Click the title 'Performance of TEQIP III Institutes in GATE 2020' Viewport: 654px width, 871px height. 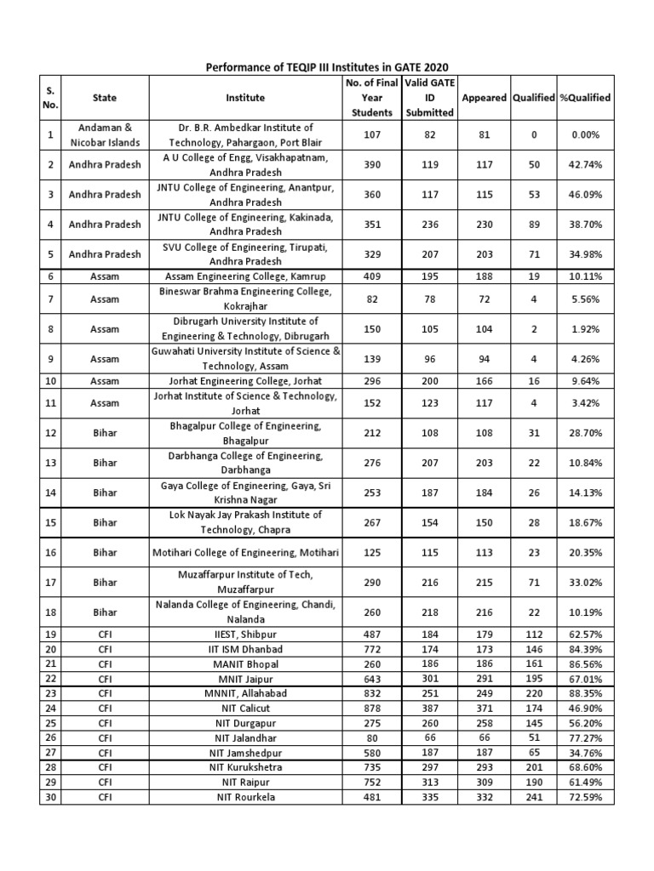[327, 66]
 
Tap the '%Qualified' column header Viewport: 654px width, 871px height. [585, 98]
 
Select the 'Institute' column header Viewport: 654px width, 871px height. [245, 98]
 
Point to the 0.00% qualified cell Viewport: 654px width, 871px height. [585, 134]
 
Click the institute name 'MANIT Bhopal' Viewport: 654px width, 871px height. [245, 663]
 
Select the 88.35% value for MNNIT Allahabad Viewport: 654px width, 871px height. [585, 693]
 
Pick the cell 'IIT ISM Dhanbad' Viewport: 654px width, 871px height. [245, 649]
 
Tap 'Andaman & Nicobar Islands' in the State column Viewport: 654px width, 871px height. [105, 134]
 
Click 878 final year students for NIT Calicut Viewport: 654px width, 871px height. [371, 708]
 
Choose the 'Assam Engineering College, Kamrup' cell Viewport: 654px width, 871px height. [245, 276]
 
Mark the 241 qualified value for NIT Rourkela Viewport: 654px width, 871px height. [534, 796]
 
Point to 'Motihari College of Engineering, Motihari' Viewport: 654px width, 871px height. [245, 553]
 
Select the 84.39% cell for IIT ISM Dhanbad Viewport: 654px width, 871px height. [585, 649]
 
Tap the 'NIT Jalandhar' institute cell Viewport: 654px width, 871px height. [245, 737]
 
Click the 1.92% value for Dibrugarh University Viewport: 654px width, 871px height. [585, 328]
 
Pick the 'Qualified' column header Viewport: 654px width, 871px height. [534, 98]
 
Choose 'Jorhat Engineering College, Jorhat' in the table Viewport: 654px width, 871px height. [245, 381]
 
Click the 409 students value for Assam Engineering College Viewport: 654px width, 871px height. [371, 276]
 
